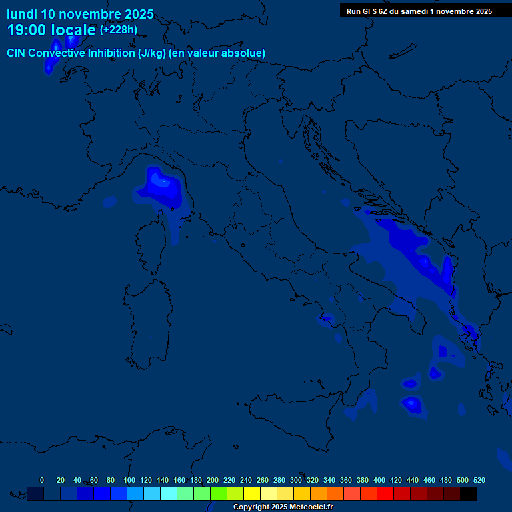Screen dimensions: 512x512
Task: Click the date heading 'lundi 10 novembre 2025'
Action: click(80, 14)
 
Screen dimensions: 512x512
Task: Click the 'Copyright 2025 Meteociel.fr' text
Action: click(283, 507)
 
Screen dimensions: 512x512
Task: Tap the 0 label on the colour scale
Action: click(42, 480)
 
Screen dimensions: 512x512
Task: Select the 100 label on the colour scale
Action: click(129, 480)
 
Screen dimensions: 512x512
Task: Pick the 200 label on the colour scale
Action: click(213, 480)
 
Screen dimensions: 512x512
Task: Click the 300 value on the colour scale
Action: click(296, 480)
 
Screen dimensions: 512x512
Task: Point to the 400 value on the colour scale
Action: click(379, 480)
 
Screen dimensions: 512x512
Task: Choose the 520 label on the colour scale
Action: click(479, 480)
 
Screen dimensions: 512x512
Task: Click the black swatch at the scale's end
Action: click(469, 493)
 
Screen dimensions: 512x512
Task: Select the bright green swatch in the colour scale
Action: click(219, 493)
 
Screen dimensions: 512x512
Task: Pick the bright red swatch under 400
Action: click(385, 493)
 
